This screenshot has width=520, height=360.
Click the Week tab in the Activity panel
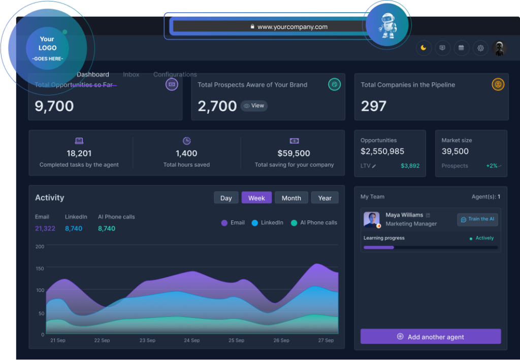click(256, 198)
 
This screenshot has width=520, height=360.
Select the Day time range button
click(226, 198)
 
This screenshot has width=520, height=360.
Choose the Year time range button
click(325, 198)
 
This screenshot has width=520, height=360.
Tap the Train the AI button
click(477, 219)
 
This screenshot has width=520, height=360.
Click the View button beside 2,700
click(254, 106)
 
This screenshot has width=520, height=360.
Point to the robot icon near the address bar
click(387, 24)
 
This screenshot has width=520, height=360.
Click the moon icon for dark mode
click(423, 48)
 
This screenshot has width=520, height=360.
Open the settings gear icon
click(480, 48)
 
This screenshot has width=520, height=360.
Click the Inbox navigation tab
click(131, 75)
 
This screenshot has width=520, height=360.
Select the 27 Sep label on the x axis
click(326, 340)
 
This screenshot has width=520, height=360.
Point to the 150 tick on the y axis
click(40, 268)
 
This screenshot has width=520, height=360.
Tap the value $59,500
click(294, 153)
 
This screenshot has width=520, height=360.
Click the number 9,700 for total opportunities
click(54, 106)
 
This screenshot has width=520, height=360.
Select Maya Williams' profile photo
click(372, 219)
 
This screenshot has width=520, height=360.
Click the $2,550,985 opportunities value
click(382, 151)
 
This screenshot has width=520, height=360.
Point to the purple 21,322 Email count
click(45, 228)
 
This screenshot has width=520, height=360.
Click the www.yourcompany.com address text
click(292, 27)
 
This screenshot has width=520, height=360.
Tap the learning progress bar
click(431, 247)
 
